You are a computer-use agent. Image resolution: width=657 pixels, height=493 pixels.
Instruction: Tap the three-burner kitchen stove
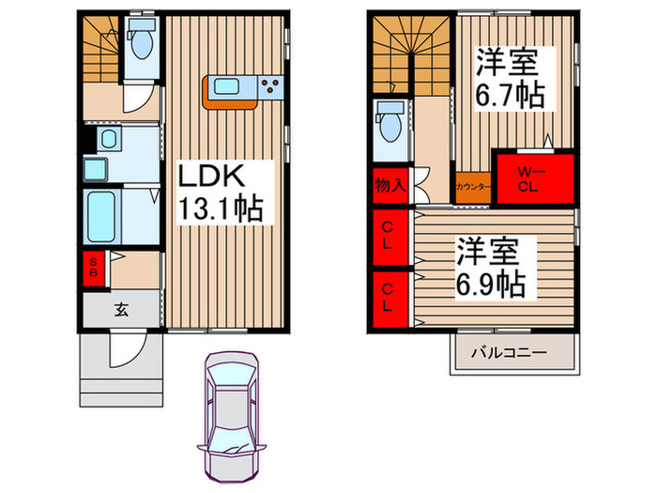[272, 88]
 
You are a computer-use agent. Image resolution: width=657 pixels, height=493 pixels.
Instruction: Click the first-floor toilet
[143, 41]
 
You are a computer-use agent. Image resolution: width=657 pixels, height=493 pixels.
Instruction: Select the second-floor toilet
[387, 122]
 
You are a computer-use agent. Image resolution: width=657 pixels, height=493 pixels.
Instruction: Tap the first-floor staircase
[100, 52]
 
